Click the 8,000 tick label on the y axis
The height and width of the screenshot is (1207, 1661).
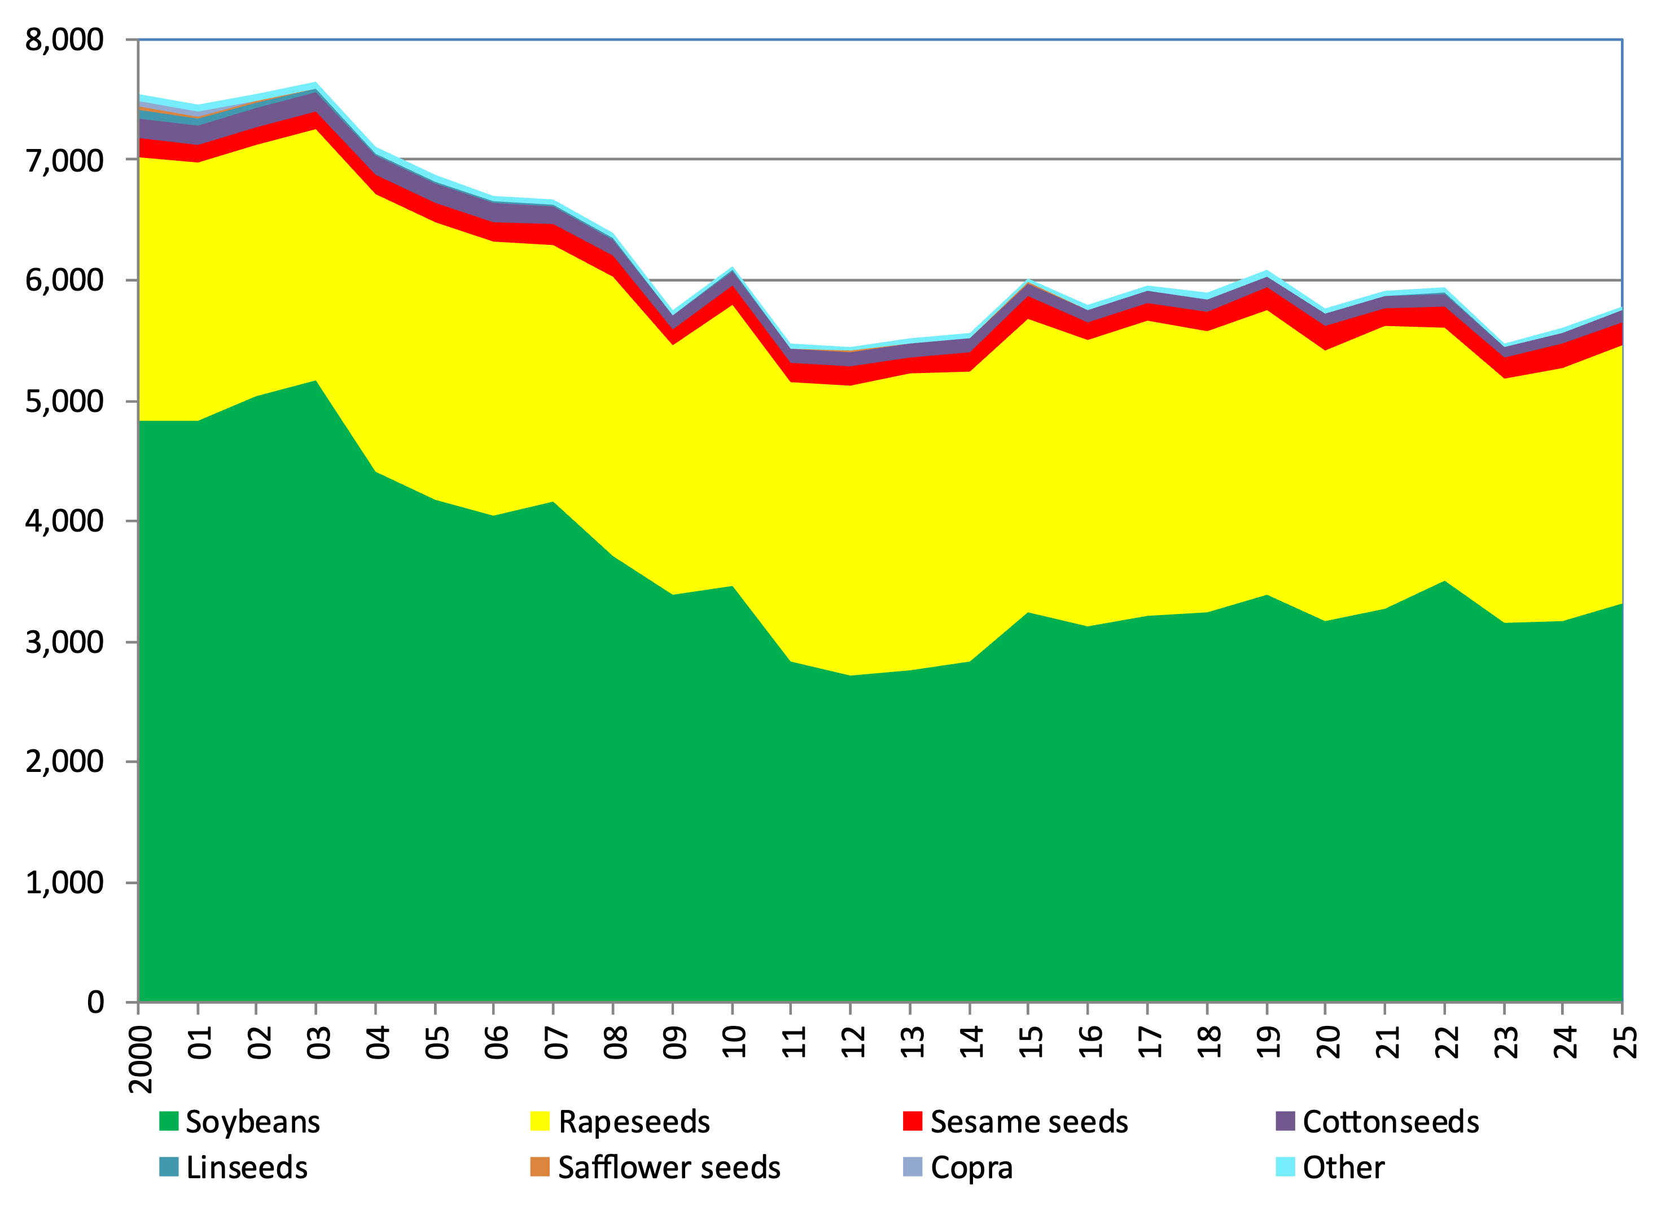(64, 39)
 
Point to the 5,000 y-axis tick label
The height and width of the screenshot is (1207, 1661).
(64, 401)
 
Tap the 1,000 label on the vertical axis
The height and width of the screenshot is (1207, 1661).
(64, 883)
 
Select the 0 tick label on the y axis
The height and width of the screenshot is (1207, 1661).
(95, 1002)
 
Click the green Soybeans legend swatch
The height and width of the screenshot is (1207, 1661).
(168, 1121)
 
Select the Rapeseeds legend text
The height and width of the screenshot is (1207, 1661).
(634, 1122)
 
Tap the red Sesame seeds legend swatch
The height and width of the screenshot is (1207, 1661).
(913, 1121)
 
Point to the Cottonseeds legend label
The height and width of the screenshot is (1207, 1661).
(1391, 1122)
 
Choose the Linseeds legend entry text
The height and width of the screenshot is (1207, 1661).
(247, 1168)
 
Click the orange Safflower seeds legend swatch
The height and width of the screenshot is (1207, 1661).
(540, 1167)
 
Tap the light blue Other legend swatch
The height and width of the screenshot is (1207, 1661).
(1285, 1167)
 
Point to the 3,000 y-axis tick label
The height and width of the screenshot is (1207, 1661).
(64, 642)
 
